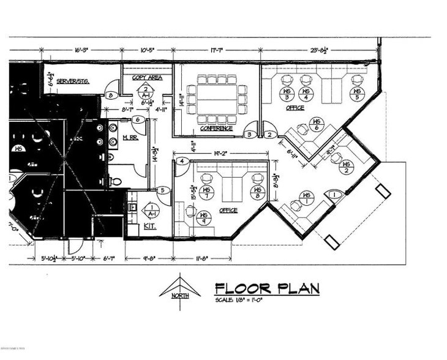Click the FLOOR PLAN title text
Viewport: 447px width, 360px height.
pos(267,288)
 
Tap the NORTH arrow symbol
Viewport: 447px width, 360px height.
pos(180,288)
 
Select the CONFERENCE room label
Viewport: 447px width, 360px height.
pos(216,129)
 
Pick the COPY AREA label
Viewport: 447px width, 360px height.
pos(147,78)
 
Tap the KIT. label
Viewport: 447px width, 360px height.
pos(149,227)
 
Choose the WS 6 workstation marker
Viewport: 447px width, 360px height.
pos(316,124)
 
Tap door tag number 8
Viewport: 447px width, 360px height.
pos(110,96)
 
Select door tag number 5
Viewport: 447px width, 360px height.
pos(162,190)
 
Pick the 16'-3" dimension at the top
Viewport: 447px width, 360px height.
pos(81,51)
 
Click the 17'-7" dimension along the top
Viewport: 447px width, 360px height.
pos(216,51)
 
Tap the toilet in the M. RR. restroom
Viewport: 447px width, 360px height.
pos(116,181)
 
